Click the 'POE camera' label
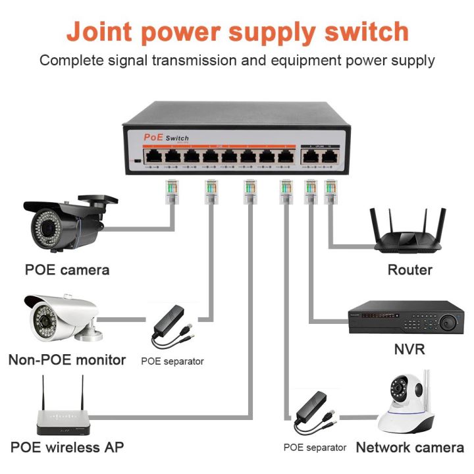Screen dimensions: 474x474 (66, 269)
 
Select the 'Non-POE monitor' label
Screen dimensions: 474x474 (66, 359)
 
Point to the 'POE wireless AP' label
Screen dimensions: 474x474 (66, 447)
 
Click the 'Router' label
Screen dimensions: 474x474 (409, 269)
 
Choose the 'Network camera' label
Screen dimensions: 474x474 (409, 447)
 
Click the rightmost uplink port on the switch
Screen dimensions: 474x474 (328, 157)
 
